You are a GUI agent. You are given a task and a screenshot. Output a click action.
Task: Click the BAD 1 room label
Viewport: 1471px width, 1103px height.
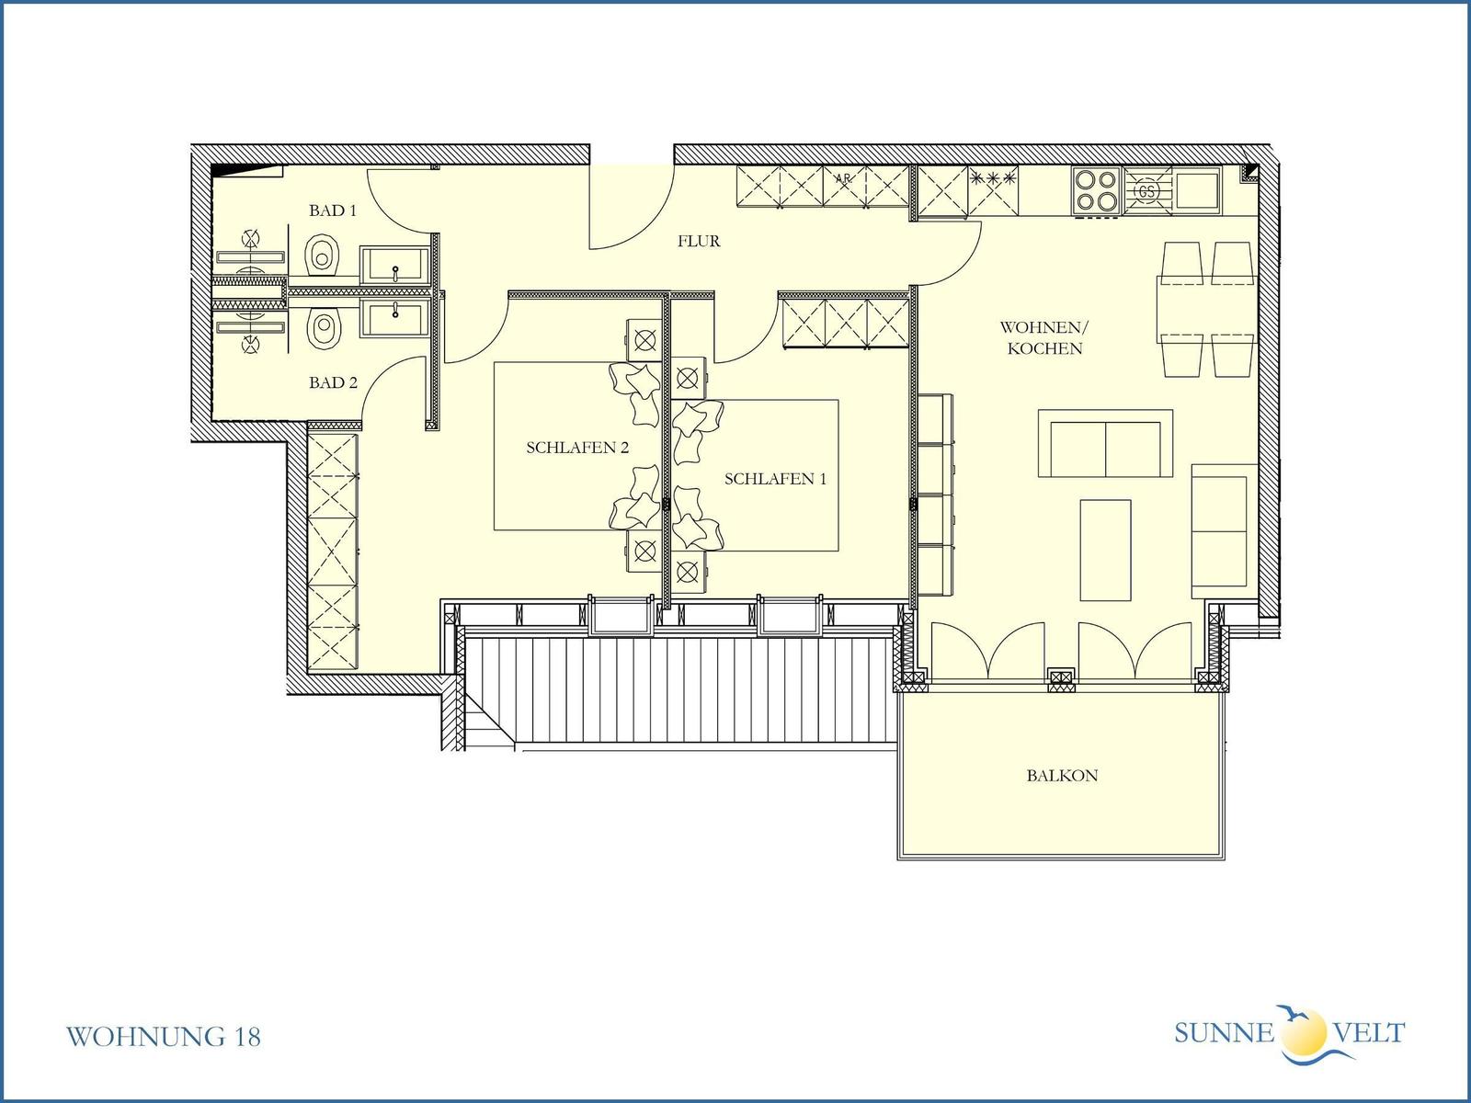tap(333, 210)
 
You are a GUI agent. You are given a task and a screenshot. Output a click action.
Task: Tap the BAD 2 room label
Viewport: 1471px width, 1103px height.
tap(333, 382)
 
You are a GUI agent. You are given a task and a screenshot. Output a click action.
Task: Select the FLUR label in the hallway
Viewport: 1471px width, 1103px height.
tap(699, 241)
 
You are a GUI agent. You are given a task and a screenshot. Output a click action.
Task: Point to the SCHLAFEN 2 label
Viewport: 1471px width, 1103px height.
tap(577, 448)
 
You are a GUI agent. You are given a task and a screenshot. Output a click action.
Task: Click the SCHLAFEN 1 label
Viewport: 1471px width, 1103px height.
tap(775, 479)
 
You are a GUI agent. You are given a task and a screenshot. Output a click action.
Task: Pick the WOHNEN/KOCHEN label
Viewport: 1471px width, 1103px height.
tap(1044, 337)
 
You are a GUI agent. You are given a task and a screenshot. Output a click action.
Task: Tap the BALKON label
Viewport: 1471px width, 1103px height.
tap(1062, 776)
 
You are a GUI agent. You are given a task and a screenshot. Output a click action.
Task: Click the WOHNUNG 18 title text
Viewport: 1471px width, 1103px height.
tap(164, 1037)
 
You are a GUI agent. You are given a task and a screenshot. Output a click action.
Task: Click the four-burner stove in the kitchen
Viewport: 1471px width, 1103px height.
tap(1097, 191)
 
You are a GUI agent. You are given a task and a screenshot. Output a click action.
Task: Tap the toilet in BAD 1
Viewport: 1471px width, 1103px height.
tap(323, 255)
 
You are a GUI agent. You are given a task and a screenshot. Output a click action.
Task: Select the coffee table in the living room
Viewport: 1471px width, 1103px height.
tap(1105, 550)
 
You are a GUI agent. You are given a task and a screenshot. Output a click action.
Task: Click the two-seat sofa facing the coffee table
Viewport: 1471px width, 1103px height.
tap(1105, 443)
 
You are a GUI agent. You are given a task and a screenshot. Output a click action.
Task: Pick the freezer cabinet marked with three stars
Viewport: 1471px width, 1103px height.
tap(993, 191)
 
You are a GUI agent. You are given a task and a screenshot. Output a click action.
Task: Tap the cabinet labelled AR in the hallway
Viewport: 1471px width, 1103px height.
tap(844, 187)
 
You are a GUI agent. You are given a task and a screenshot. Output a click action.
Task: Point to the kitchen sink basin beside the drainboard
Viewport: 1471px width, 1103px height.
tap(1198, 191)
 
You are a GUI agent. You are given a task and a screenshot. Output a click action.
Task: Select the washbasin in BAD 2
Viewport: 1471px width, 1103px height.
tap(394, 318)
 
